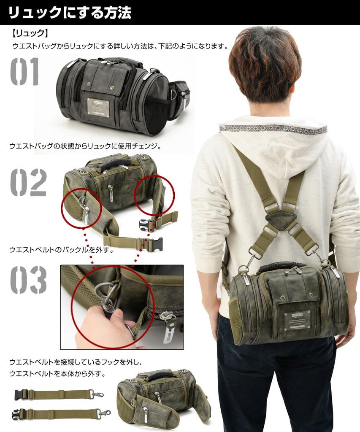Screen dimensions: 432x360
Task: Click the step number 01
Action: pyautogui.click(x=24, y=72)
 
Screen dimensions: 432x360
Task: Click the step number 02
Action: pyautogui.click(x=28, y=182)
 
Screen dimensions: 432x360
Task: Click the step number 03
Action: pyautogui.click(x=28, y=280)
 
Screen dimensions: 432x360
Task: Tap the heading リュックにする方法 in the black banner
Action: pyautogui.click(x=70, y=13)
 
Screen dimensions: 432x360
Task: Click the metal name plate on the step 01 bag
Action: pyautogui.click(x=98, y=107)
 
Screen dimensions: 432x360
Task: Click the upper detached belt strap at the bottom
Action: pyautogui.click(x=59, y=395)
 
